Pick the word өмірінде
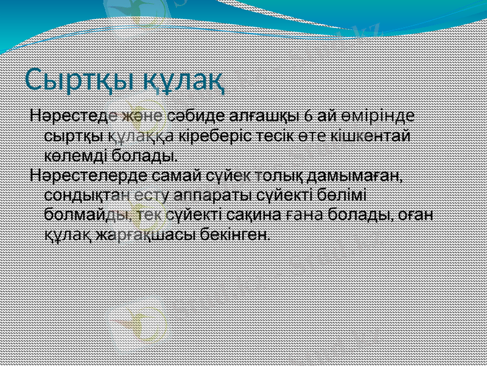point(385,115)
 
